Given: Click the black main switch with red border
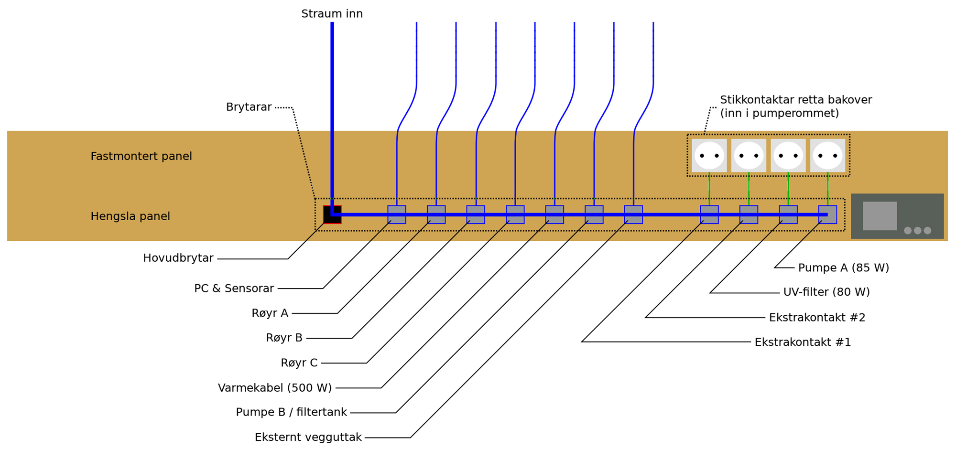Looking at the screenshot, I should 332,214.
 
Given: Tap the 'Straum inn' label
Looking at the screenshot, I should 332,14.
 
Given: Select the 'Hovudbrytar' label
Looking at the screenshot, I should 178,258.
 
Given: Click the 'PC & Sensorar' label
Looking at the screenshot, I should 234,289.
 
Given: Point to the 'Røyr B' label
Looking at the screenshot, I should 284,338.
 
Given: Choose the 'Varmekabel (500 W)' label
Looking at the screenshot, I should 274,388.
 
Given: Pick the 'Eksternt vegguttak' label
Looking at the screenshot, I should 308,438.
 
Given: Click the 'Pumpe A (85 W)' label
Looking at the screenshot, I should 843,268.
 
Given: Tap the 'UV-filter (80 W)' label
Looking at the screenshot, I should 826,292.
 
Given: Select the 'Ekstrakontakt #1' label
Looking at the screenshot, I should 803,342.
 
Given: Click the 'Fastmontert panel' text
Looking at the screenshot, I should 141,156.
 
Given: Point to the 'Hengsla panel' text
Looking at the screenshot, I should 130,216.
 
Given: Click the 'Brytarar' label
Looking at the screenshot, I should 249,107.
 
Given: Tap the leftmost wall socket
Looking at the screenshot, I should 709,156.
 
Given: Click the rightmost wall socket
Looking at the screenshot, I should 827,156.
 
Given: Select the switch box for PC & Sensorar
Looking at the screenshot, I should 397,214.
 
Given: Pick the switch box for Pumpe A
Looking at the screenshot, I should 827,214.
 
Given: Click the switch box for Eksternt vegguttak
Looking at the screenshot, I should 633,214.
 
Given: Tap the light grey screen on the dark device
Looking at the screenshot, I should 880,216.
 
